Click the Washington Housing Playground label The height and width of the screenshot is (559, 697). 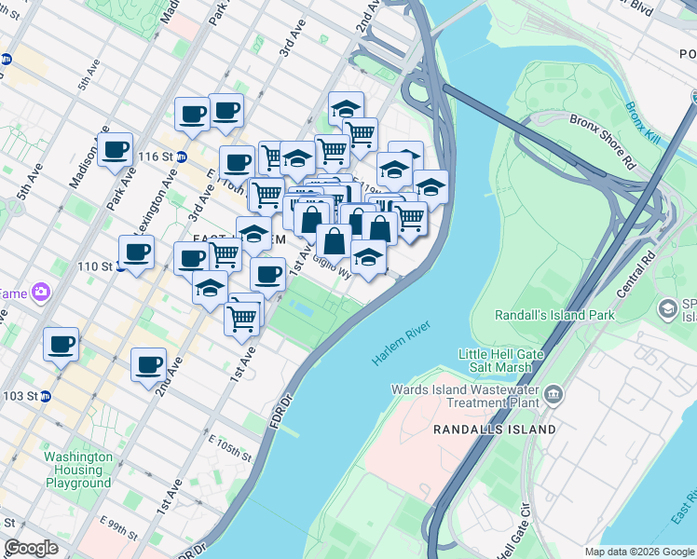78,470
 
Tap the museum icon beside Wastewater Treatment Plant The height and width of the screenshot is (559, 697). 553,395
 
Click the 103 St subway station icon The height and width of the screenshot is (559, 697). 44,396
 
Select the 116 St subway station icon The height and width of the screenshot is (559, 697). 182,157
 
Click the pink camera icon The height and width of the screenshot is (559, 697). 40,293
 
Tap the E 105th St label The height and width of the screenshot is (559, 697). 230,447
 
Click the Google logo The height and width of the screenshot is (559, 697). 32,548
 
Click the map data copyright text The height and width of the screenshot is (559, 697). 638,552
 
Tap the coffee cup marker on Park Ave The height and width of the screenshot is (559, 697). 116,150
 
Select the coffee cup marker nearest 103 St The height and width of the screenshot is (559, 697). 61,345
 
